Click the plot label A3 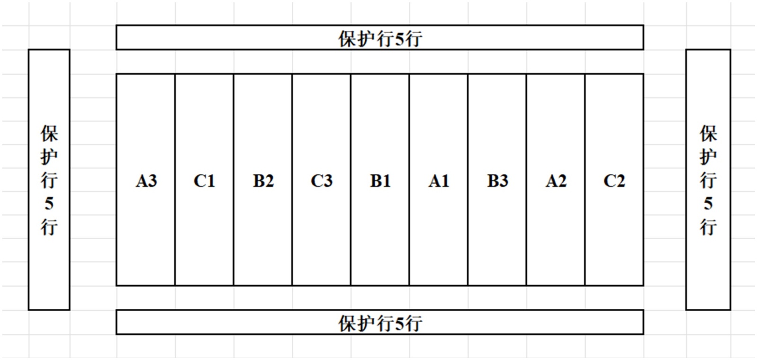(146, 181)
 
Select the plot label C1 (204, 181)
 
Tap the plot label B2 (263, 181)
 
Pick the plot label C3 (322, 181)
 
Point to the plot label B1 (380, 181)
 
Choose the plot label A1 (439, 181)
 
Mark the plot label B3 (497, 181)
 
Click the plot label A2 (556, 181)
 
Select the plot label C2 (614, 181)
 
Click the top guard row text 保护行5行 (380, 38)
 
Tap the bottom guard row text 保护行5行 (380, 323)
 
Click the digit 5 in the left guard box (49, 204)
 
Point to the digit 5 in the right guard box (708, 204)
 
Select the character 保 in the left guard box (49, 134)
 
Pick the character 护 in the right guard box (708, 157)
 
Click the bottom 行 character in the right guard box (708, 227)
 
